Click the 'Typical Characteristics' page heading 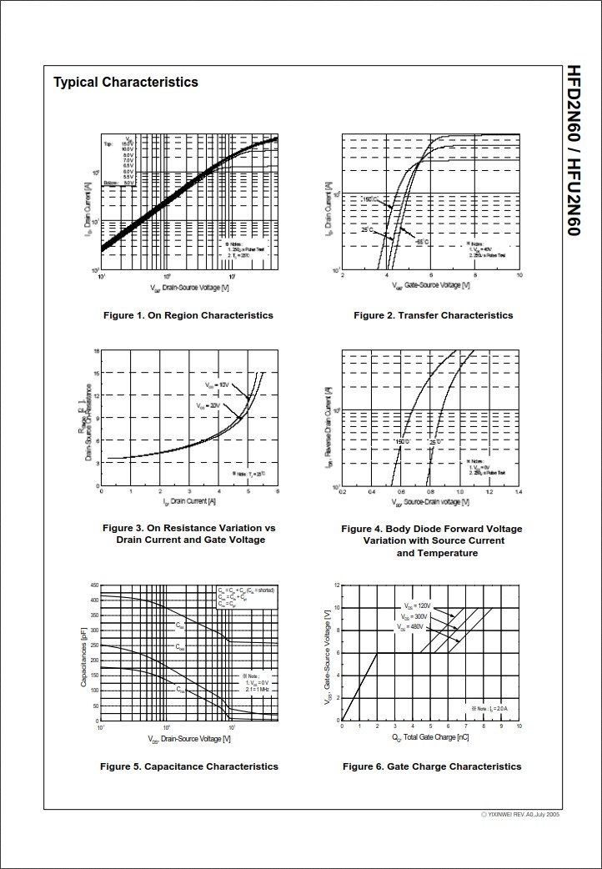(126, 82)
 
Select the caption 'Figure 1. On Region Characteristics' (188, 315)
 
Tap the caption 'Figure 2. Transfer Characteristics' (433, 315)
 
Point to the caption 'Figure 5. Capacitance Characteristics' (189, 766)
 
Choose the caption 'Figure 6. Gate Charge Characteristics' (432, 766)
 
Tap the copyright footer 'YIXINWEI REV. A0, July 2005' (520, 814)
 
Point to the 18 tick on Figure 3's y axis (97, 351)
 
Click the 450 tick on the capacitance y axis (94, 585)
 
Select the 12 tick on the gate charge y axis (336, 585)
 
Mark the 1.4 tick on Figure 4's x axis (519, 492)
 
